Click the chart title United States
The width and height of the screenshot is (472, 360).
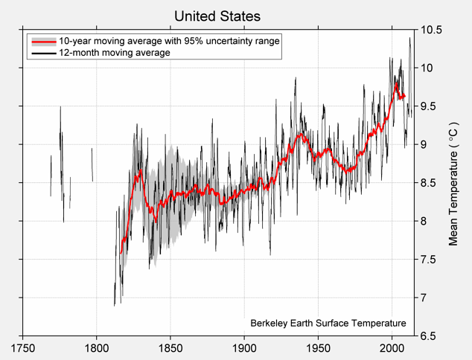click(217, 16)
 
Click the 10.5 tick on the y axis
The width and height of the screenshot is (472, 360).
click(432, 30)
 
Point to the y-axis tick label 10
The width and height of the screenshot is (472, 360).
click(428, 68)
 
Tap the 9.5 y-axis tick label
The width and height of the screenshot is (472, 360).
click(431, 106)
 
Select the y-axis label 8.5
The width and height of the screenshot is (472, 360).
click(431, 183)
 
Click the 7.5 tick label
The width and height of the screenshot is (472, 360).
click(431, 260)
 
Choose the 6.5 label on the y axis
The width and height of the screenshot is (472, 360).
click(431, 335)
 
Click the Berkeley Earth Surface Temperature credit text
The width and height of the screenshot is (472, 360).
click(328, 324)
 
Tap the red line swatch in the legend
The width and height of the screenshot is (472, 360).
click(42, 42)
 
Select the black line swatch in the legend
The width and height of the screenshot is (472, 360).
click(42, 54)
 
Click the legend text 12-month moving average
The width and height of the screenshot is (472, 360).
click(114, 54)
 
